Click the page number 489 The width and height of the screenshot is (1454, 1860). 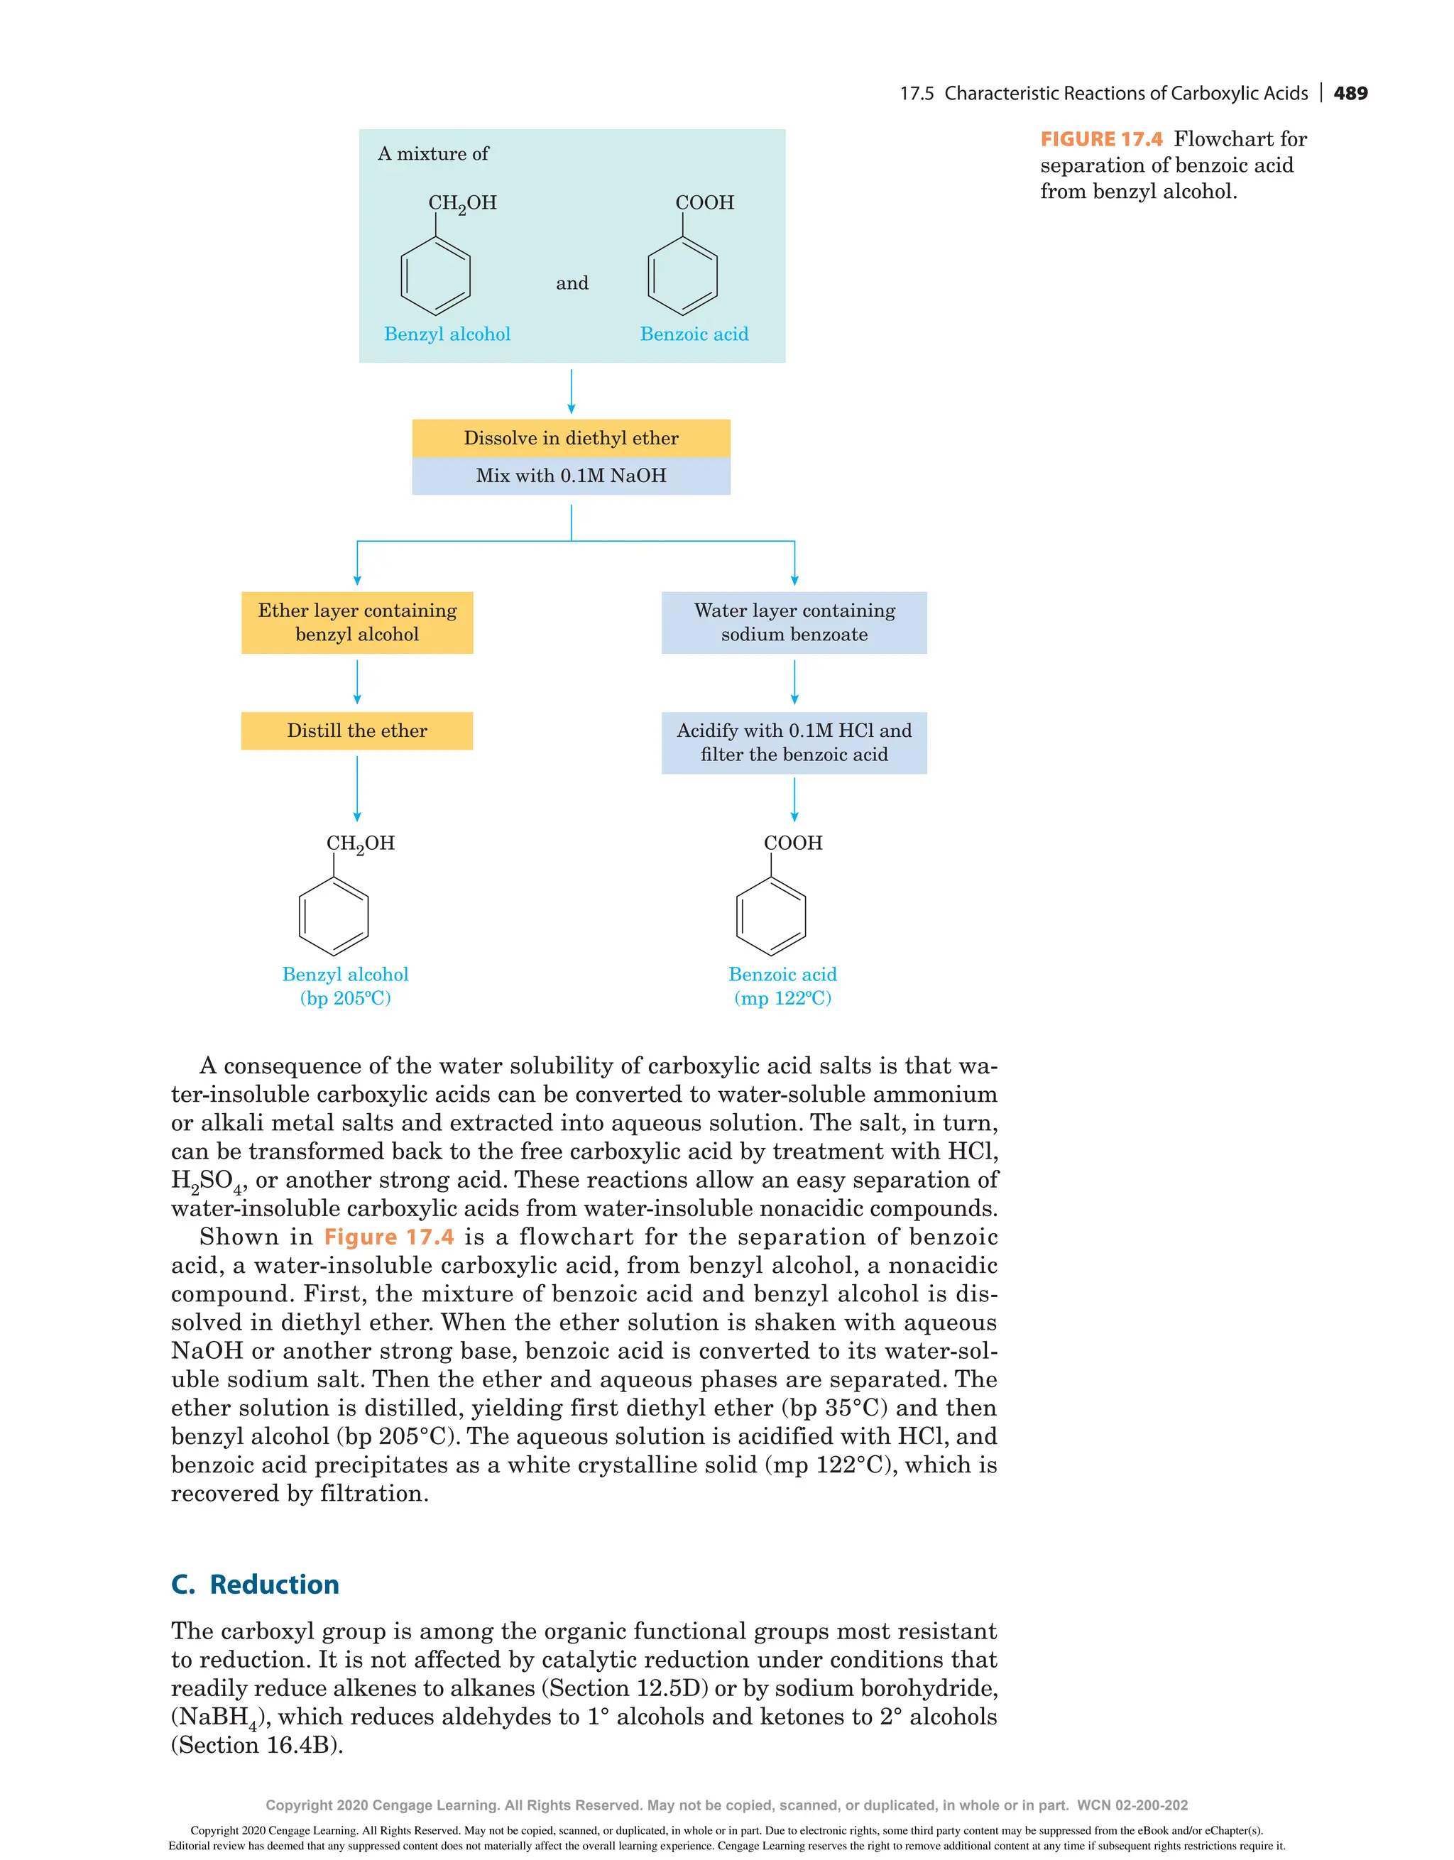[1350, 94]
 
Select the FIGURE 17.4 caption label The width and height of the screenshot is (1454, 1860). [1101, 140]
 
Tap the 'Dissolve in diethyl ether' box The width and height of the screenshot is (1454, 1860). [571, 438]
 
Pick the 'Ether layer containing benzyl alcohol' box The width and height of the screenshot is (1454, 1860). [357, 623]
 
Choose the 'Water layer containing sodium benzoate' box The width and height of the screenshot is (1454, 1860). [794, 623]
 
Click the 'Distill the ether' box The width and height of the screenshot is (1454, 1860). [357, 731]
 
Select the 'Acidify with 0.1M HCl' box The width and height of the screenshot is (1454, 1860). [794, 743]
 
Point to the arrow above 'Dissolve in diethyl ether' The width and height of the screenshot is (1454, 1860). [572, 391]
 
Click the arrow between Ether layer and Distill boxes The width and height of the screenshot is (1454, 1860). [357, 682]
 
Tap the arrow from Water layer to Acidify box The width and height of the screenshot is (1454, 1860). [794, 682]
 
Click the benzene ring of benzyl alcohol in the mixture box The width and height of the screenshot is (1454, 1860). [435, 276]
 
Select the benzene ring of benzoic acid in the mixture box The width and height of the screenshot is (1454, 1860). [682, 276]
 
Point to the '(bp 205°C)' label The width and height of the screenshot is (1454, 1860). [345, 998]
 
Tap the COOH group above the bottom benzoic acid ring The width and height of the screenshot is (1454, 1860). [793, 843]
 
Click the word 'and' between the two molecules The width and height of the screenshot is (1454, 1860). [572, 283]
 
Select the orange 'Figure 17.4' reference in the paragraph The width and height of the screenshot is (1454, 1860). [388, 1237]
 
